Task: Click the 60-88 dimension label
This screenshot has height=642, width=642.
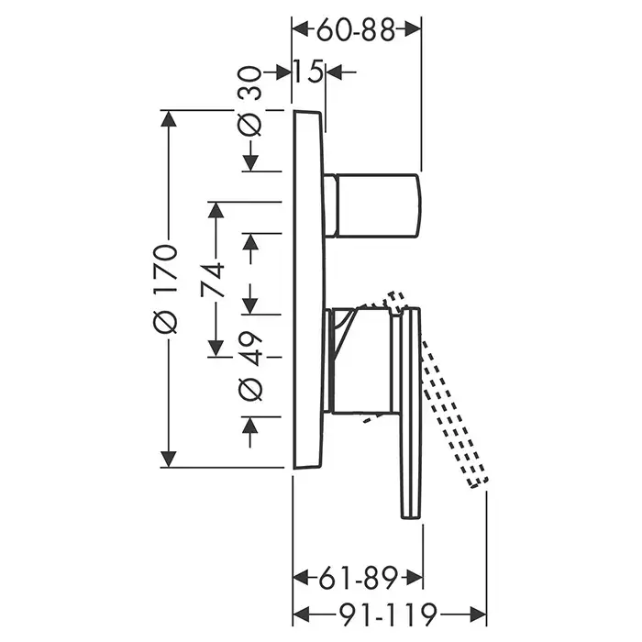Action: (356, 30)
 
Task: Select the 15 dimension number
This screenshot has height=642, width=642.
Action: (308, 72)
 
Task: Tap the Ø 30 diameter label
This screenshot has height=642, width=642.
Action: (249, 101)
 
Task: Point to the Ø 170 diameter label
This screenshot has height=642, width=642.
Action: (165, 288)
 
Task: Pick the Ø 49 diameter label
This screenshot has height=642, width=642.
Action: (249, 366)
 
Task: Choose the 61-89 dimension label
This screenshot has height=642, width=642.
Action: (359, 578)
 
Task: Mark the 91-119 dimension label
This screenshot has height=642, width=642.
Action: (388, 614)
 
